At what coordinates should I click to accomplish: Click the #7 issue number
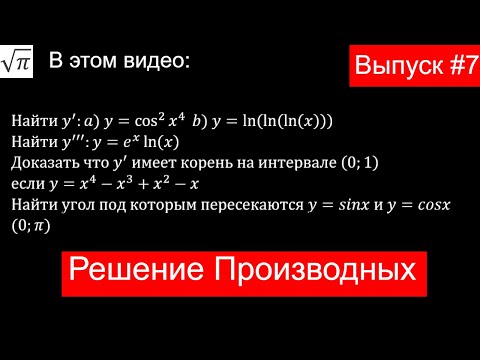[449, 67]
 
